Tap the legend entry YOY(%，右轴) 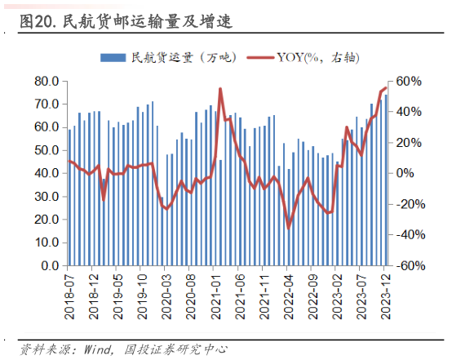point(306,58)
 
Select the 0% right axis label point(405,174)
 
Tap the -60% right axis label point(409,266)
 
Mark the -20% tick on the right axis point(409,205)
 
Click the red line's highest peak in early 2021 point(220,89)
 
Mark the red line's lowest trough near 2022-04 point(288,227)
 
